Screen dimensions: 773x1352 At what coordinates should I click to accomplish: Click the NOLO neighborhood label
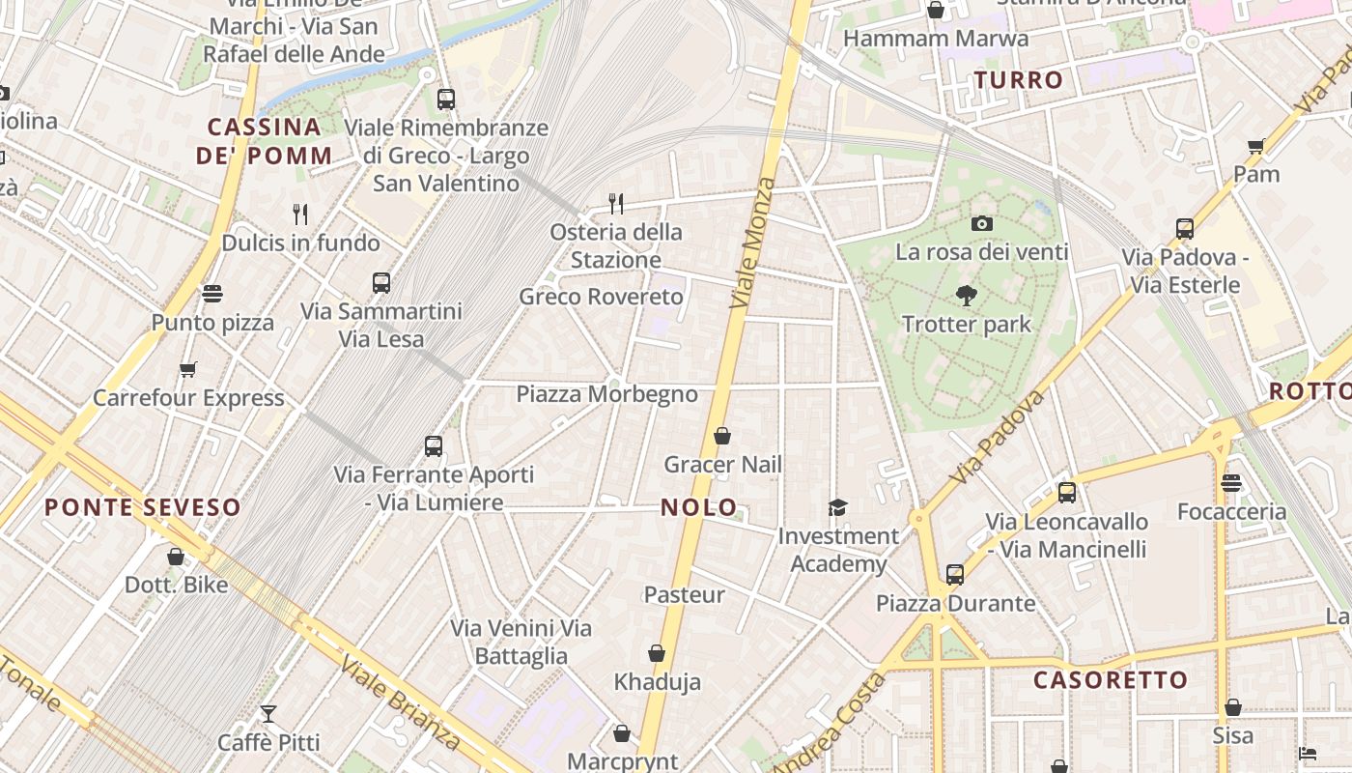point(699,507)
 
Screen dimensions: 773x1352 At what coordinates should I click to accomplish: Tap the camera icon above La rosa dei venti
point(982,223)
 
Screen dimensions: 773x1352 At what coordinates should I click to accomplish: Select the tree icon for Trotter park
point(966,296)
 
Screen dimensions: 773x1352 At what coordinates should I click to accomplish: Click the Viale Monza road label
point(753,243)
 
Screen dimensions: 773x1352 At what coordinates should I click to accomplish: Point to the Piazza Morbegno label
point(606,394)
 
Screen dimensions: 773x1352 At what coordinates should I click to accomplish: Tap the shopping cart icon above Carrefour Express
point(188,369)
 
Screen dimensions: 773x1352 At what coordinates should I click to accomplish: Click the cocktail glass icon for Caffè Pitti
point(268,714)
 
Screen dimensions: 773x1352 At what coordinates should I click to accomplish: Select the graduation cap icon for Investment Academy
point(837,507)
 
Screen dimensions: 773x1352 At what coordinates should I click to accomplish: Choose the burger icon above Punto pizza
point(212,293)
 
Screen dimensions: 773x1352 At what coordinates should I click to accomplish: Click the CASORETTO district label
point(1111,680)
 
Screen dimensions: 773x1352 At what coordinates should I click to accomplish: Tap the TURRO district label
point(1018,80)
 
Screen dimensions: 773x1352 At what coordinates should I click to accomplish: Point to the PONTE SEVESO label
point(143,507)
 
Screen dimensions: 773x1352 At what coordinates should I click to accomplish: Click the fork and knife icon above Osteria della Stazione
point(616,203)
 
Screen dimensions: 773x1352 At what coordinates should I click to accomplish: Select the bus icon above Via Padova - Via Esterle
point(1185,229)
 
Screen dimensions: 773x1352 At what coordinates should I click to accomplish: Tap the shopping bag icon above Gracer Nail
point(722,436)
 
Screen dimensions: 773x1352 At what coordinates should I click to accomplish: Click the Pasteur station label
point(684,594)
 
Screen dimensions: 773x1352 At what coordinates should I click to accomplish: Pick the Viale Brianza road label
point(400,702)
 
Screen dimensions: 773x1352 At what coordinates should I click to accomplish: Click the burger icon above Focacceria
point(1231,482)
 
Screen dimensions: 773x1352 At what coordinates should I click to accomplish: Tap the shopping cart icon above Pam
point(1255,146)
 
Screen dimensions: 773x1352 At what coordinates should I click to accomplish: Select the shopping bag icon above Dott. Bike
point(176,556)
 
